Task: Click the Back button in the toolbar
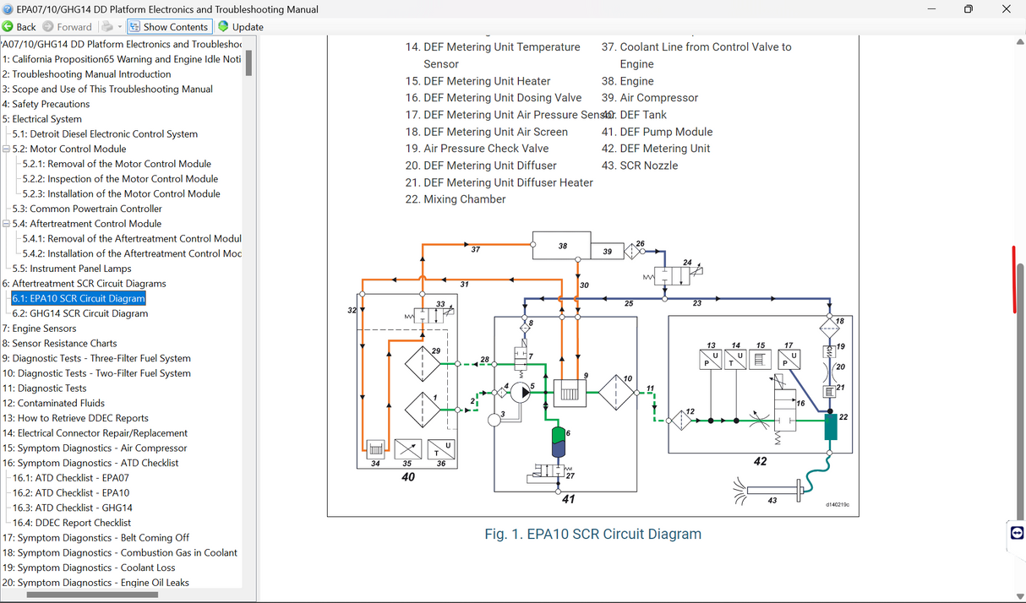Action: click(19, 27)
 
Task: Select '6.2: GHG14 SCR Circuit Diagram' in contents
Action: click(79, 313)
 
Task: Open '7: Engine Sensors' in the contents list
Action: click(39, 329)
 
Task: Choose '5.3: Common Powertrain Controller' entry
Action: click(87, 209)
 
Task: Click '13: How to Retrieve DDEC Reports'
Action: click(75, 418)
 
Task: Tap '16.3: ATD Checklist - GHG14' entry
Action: click(72, 508)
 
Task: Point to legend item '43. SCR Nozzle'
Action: click(648, 166)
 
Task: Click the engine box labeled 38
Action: click(562, 245)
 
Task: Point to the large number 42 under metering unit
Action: click(760, 461)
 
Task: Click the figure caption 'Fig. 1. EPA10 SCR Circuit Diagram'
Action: click(592, 534)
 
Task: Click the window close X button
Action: click(1006, 9)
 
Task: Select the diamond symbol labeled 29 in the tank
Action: click(422, 364)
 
